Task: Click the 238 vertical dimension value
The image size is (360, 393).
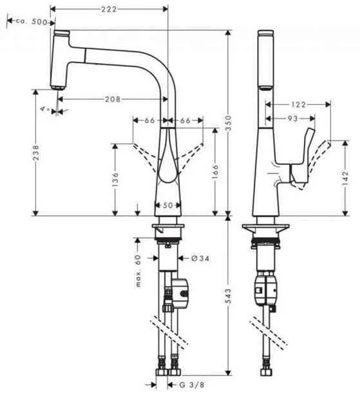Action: click(x=36, y=152)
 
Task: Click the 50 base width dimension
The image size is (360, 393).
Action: click(x=167, y=206)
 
